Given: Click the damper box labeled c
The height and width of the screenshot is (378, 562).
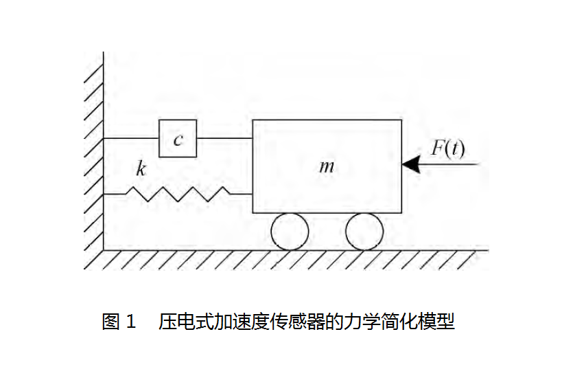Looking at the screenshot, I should (x=178, y=139).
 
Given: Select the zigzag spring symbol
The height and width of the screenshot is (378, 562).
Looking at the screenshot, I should (x=180, y=194).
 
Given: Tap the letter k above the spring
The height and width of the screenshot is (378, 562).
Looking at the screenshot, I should (x=141, y=169).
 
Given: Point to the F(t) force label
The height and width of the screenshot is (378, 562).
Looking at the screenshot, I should (x=447, y=148).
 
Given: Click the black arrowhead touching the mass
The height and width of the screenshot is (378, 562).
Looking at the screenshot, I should (x=411, y=165).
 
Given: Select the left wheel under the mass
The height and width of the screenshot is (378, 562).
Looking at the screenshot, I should (x=290, y=232).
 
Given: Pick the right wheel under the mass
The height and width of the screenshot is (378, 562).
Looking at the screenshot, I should (x=364, y=232).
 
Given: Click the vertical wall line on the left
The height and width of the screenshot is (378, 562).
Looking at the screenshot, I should (x=104, y=151).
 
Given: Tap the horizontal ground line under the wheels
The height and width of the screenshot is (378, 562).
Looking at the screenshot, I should (x=295, y=250).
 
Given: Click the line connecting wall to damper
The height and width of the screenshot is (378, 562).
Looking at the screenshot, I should (x=131, y=139).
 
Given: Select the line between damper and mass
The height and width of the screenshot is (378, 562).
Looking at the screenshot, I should (x=224, y=139).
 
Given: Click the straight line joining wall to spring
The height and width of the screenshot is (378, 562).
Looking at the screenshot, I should (x=115, y=194).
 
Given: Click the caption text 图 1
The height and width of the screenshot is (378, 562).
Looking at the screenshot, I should (x=120, y=321).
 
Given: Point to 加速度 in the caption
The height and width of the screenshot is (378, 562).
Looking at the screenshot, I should (x=234, y=321).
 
